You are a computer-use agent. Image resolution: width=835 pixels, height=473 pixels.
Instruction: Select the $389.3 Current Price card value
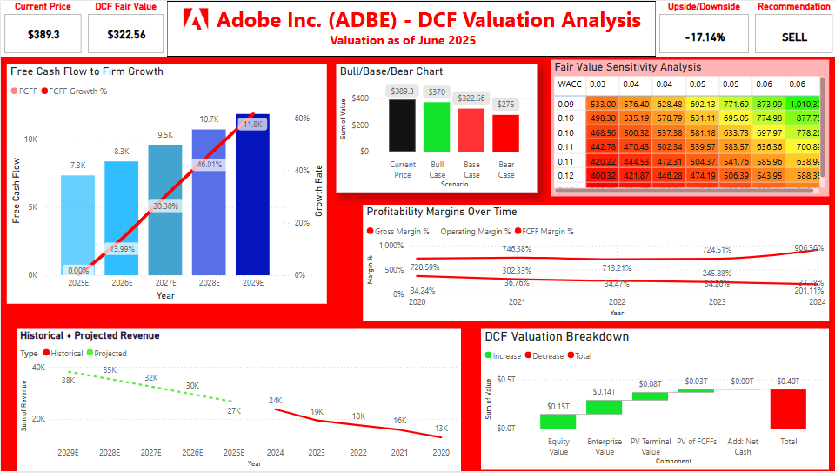coord(43,36)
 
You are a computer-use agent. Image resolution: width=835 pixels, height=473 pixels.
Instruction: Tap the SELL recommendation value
coord(794,37)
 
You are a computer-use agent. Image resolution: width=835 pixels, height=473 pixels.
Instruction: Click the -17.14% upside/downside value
coord(705,37)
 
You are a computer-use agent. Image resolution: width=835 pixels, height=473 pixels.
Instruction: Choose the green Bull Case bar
coord(438,126)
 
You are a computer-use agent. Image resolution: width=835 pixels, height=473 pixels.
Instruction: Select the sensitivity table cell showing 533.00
coord(603,105)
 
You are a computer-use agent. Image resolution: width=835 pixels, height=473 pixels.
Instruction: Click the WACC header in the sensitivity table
coord(571,84)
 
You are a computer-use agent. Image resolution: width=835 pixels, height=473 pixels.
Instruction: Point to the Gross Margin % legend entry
coord(402,232)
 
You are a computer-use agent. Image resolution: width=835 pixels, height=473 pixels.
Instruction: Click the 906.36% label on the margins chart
coord(803,247)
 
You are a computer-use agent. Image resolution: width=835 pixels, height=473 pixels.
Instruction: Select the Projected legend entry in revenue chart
coord(107,354)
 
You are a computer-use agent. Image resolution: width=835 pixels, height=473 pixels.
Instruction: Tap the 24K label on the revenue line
coord(275,401)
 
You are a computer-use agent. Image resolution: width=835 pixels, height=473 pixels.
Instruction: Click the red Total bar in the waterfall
coord(788,408)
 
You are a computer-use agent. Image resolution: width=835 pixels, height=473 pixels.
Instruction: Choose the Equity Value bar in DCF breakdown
coord(558,421)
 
